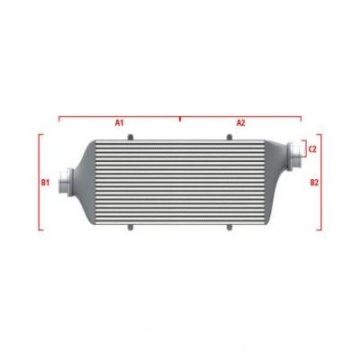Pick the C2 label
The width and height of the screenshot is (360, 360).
tap(312, 148)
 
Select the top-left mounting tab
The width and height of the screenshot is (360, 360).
tap(130, 137)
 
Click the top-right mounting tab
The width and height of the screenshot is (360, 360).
tap(229, 137)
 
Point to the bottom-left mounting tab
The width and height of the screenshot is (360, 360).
tap(130, 226)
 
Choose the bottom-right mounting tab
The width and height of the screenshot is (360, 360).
tap(229, 226)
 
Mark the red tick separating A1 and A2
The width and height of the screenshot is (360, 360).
tap(180, 117)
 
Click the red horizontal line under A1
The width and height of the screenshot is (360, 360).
tap(119, 115)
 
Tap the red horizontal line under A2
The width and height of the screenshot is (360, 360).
tap(240, 115)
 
